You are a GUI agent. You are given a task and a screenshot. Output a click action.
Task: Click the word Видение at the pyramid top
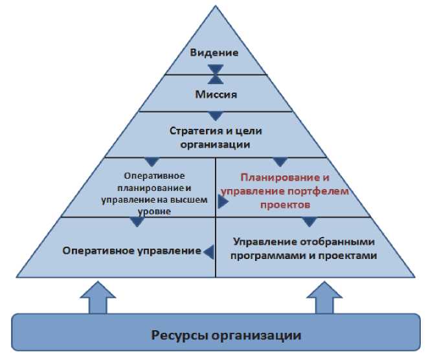214,52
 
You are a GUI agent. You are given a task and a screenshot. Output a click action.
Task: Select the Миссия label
216,94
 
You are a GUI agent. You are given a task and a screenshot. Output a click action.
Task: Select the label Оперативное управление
132,250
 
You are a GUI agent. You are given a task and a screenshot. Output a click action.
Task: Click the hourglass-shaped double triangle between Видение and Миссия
216,74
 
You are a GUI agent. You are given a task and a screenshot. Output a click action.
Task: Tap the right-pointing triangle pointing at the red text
223,202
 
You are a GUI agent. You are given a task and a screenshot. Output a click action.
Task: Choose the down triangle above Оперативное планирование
152,162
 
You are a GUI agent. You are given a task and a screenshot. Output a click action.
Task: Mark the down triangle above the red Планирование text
280,162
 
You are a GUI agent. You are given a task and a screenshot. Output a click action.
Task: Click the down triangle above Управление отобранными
309,222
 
